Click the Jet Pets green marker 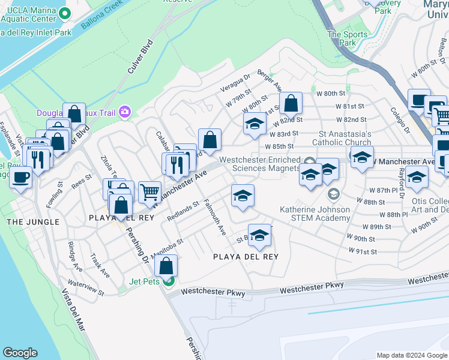point(170,281)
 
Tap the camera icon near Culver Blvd point(125,111)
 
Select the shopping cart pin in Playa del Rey point(149,193)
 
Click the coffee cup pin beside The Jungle point(21,178)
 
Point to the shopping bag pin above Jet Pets point(167,265)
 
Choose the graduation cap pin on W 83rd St point(255,124)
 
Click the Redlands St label point(183,211)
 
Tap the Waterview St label point(86,287)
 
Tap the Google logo point(20,353)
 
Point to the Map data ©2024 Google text point(411,355)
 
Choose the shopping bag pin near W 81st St point(291,104)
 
